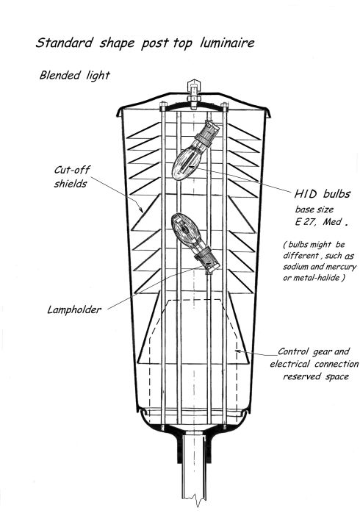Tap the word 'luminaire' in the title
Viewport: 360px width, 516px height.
(x=227, y=43)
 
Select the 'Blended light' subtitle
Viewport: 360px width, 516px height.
(x=74, y=76)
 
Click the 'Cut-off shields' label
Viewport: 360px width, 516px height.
(x=72, y=176)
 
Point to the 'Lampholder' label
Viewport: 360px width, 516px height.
(x=74, y=309)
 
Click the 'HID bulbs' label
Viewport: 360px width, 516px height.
(x=322, y=194)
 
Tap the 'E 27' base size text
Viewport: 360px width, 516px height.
(x=305, y=221)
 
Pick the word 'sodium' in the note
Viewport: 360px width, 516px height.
(x=295, y=267)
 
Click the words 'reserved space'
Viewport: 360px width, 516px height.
(x=316, y=376)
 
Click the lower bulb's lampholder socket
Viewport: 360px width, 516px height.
(x=206, y=260)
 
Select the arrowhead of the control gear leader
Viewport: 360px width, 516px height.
(x=238, y=351)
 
